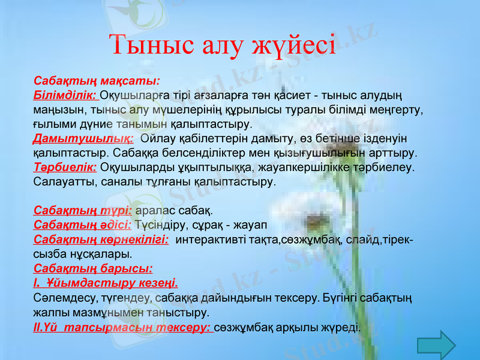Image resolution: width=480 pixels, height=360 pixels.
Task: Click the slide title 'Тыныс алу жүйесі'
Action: coord(222,44)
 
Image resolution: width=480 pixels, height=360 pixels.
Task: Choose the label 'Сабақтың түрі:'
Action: coord(83,211)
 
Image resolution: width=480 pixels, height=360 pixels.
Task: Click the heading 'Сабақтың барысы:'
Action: coord(93,268)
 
